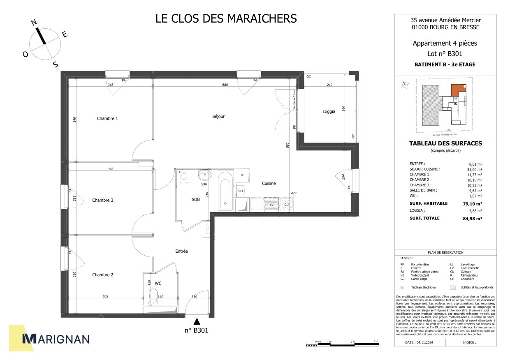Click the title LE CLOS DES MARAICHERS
coord(226,18)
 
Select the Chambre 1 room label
coord(107,118)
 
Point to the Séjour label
coord(218,116)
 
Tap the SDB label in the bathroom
coord(195,199)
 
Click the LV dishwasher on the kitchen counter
coord(271,204)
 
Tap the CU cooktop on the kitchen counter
coord(286,204)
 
